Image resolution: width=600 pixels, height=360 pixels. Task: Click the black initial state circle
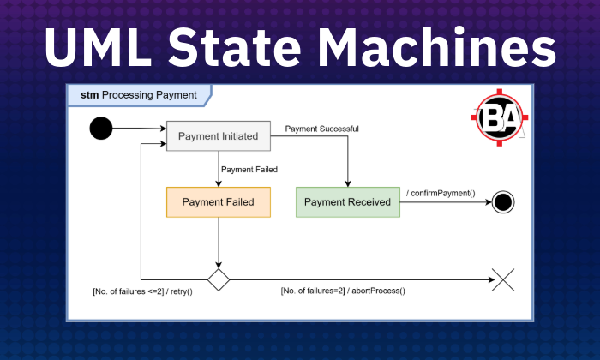[101, 129]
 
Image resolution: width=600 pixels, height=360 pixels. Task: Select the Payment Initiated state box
[218, 135]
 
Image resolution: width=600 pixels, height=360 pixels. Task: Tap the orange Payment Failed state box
[218, 202]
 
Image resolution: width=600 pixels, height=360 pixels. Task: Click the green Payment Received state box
[347, 202]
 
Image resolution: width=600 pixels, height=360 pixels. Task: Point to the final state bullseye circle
[503, 202]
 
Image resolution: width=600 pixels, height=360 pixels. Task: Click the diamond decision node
[219, 279]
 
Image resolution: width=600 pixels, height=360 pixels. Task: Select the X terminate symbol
[503, 279]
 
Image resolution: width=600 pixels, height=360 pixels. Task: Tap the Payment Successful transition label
[321, 129]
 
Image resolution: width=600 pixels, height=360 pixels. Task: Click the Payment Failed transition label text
[249, 169]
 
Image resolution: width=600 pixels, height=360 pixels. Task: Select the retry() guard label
[142, 291]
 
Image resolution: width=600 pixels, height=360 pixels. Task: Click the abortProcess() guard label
[343, 291]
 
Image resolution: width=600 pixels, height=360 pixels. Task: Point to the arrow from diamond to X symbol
[360, 279]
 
